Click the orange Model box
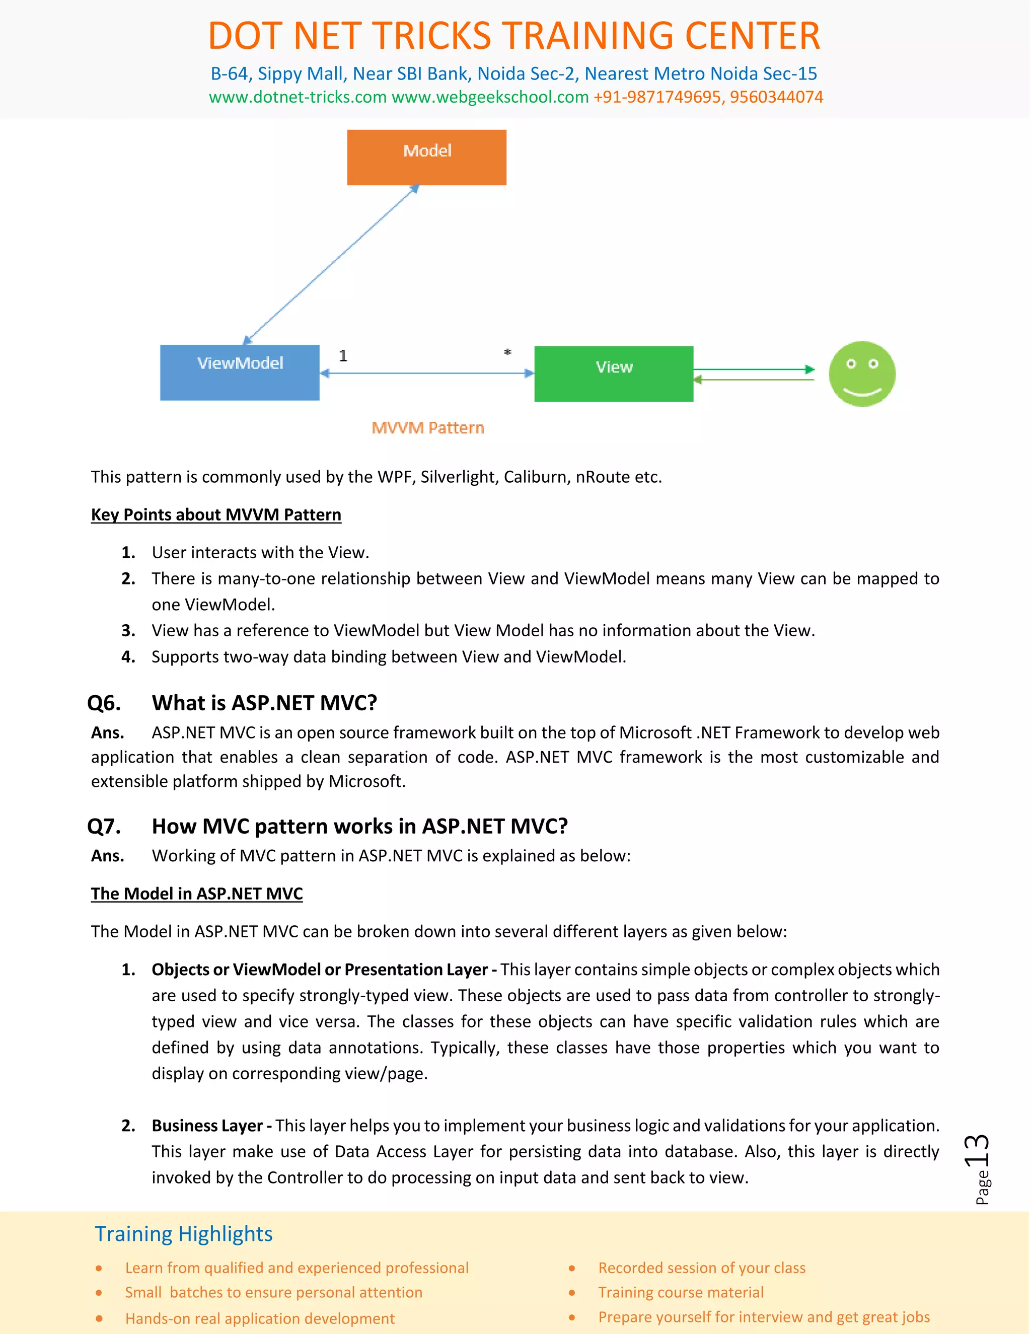coord(426,157)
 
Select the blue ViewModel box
coord(240,373)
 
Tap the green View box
coord(613,374)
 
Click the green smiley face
coord(862,374)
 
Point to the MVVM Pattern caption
coord(427,427)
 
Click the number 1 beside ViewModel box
coord(343,355)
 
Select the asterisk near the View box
coord(507,352)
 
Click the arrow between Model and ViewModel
coord(331,264)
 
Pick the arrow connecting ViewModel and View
coord(426,373)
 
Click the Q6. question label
coord(104,703)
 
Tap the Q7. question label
coord(104,827)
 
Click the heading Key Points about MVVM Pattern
coord(215,515)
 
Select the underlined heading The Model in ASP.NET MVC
coord(197,894)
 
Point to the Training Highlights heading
coord(183,1234)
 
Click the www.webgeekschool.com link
coord(490,97)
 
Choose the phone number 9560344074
coord(776,97)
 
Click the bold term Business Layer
coord(206,1126)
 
